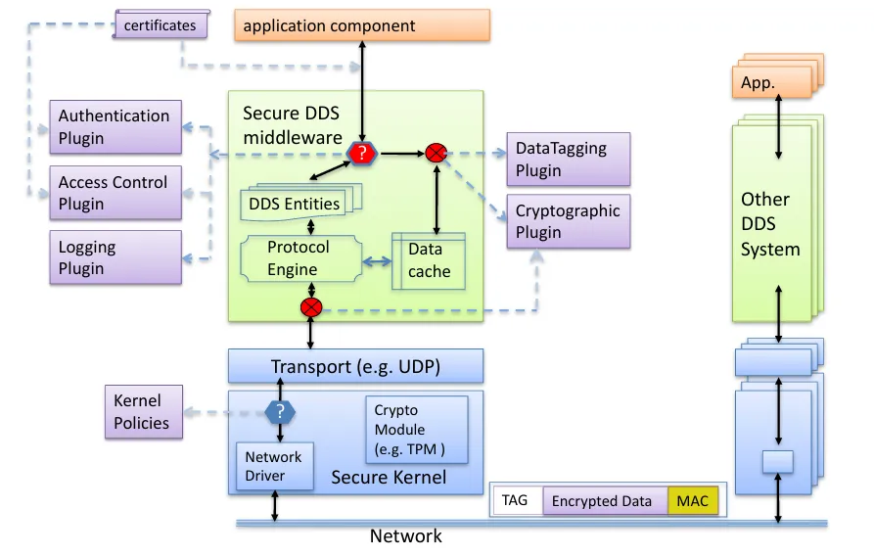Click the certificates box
click(x=161, y=24)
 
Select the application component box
click(x=362, y=25)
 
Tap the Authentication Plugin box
click(x=115, y=126)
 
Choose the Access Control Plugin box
click(x=115, y=193)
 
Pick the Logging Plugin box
click(x=115, y=257)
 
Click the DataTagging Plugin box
click(x=569, y=159)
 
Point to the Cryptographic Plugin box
click(x=569, y=221)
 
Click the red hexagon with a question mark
click(x=362, y=153)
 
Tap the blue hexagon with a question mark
click(x=280, y=412)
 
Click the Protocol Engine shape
click(x=301, y=258)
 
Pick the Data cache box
click(x=429, y=261)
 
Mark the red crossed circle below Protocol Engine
click(x=311, y=307)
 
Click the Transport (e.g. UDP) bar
click(x=355, y=366)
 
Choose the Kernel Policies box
click(x=144, y=411)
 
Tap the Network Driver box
click(x=275, y=466)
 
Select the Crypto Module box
click(x=417, y=430)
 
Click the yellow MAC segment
click(x=693, y=501)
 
